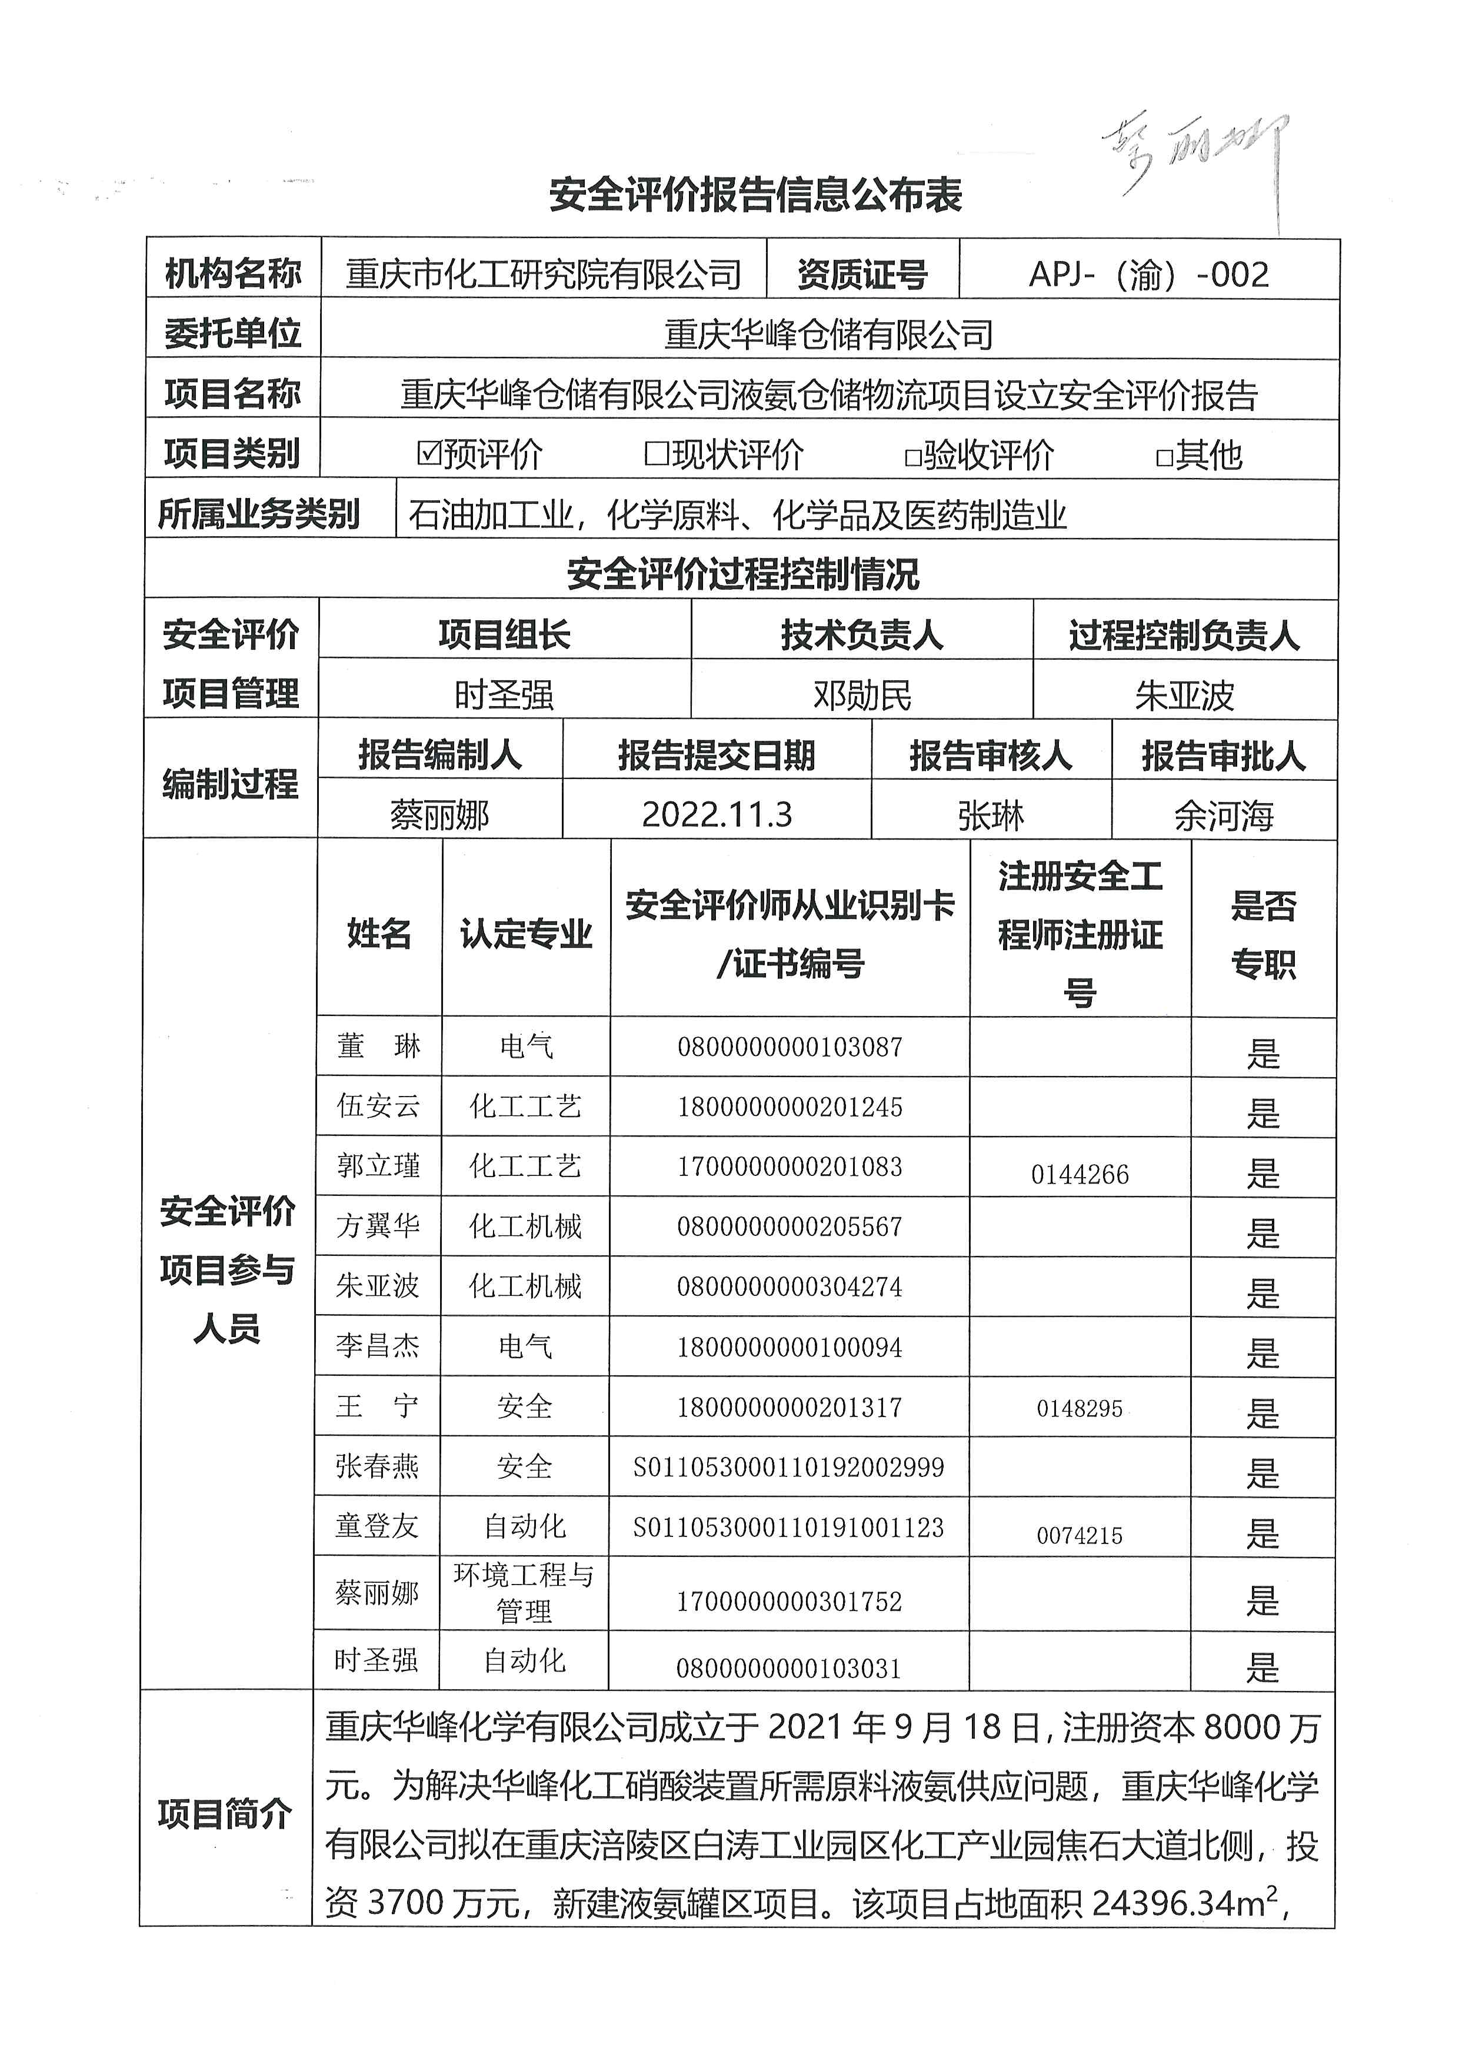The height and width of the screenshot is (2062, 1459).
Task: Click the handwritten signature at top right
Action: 1195,157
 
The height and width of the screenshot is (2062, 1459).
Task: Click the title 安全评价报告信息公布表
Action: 755,195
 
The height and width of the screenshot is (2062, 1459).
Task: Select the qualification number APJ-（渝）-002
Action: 1148,274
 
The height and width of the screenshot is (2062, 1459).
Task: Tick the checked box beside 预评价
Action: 428,453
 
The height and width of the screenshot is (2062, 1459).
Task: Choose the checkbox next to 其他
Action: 1164,457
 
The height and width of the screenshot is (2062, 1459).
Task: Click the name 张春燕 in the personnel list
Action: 377,1466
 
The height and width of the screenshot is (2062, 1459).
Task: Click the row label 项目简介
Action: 225,1813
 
